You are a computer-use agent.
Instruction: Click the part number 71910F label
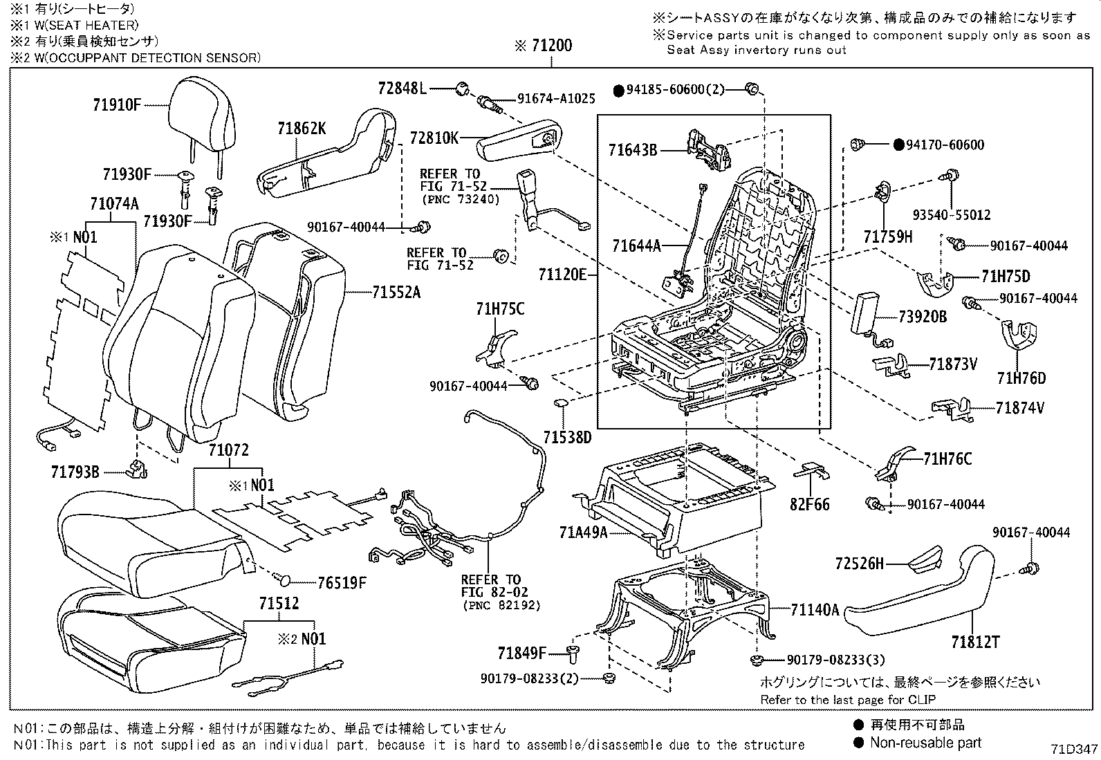(x=117, y=105)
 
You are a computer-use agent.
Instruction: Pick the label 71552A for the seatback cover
(x=396, y=293)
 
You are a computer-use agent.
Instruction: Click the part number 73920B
(x=923, y=317)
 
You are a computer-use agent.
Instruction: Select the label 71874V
(x=1020, y=408)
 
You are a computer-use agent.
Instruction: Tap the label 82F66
(x=810, y=504)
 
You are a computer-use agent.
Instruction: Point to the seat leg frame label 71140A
(x=815, y=609)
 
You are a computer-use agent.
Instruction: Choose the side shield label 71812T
(x=974, y=642)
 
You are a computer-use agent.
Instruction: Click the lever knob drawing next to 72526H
(x=922, y=557)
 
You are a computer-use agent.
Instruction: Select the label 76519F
(x=342, y=582)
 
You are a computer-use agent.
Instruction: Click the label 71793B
(x=75, y=472)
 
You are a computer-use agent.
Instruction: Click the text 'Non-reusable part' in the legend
(x=925, y=743)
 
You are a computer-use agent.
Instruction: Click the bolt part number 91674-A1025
(x=556, y=99)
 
